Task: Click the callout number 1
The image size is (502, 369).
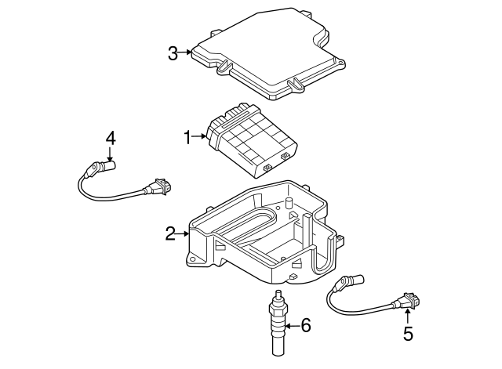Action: pyautogui.click(x=187, y=138)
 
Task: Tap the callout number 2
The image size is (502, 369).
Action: pyautogui.click(x=170, y=233)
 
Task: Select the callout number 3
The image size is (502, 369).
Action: pyautogui.click(x=173, y=53)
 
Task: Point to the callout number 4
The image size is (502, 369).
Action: pyautogui.click(x=111, y=138)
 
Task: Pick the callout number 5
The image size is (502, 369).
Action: pyautogui.click(x=407, y=334)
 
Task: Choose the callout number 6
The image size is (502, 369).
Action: pyautogui.click(x=305, y=325)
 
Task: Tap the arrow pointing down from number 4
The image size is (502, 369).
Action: pyautogui.click(x=111, y=156)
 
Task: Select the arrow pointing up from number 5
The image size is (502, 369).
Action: pyautogui.click(x=407, y=315)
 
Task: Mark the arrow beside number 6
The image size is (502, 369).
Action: pyautogui.click(x=291, y=325)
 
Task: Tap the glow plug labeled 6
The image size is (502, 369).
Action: pyautogui.click(x=277, y=325)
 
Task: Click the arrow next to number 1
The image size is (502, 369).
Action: pyautogui.click(x=201, y=138)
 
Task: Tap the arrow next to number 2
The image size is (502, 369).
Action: pyautogui.click(x=184, y=233)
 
